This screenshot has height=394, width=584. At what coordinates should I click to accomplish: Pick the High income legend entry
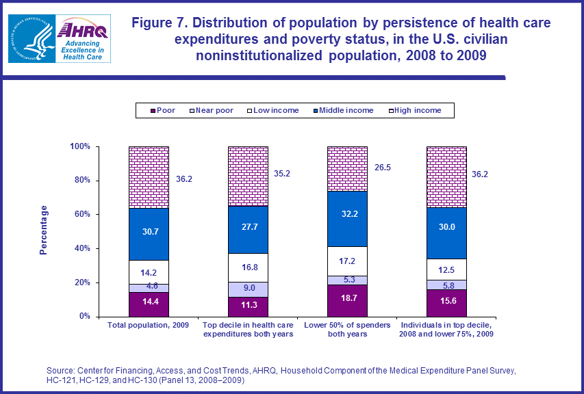pos(416,110)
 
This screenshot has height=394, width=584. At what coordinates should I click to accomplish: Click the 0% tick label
pos(84,317)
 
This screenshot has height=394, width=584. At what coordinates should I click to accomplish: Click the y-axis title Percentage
pos(43,230)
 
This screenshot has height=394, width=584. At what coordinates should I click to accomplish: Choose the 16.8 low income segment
pos(248,267)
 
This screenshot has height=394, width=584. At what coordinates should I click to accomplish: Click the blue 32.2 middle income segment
pos(348,218)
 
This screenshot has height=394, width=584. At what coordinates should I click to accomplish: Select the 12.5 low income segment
pos(447,269)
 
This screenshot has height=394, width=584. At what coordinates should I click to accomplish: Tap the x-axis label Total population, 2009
pos(149,326)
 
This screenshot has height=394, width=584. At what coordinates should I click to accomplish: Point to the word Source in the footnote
pos(59,370)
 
